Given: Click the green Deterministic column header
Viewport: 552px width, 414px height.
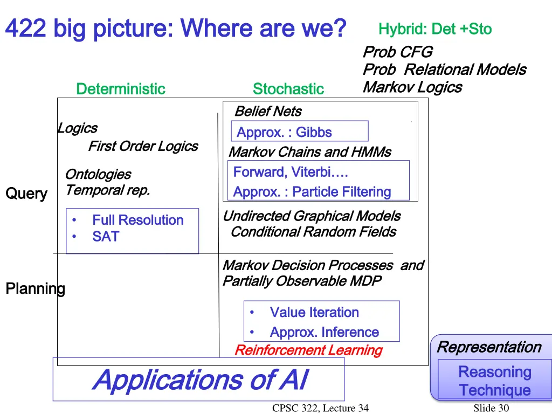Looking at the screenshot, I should coord(121,89).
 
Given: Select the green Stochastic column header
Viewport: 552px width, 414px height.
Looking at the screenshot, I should coord(288,89).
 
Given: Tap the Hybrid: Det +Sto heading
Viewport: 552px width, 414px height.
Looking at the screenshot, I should coord(435,29).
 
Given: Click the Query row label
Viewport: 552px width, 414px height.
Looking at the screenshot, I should coord(26,194).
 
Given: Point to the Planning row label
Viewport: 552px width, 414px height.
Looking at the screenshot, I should coord(35,289).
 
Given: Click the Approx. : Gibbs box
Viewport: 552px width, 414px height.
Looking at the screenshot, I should coord(300,132).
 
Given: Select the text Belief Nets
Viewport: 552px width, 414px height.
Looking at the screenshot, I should coord(268,112).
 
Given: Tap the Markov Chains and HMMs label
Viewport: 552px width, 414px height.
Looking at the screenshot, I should coord(310,152).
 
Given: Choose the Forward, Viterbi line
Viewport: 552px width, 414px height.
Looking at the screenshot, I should coord(291,172).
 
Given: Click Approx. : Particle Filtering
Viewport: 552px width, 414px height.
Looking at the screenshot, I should coord(312,192).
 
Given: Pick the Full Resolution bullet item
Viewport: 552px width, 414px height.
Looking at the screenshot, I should coord(137,220).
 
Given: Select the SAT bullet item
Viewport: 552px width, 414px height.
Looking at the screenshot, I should coord(106,236).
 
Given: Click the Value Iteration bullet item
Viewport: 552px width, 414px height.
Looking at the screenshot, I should coord(314,312).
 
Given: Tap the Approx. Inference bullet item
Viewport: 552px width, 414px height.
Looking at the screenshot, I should coord(324,332).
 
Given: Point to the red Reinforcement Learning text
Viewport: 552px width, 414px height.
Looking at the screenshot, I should coord(308,350).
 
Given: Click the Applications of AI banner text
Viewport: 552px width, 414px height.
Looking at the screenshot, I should coord(199,379).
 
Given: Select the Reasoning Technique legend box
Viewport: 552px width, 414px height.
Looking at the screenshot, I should coord(494,381).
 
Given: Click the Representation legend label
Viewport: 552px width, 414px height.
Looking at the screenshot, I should coord(489,347).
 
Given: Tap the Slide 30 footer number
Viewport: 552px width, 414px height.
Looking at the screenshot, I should coord(491,408).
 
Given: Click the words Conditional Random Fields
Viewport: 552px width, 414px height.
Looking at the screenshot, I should coord(313,232).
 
